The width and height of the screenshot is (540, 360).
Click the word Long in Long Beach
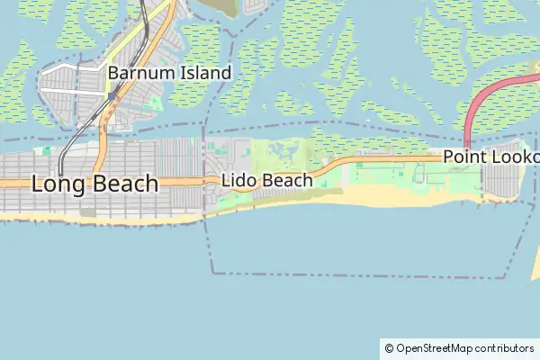59,184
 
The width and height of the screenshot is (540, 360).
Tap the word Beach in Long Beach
125,184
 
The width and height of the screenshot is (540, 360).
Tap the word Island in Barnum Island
203,73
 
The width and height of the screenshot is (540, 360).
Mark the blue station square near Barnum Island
112,96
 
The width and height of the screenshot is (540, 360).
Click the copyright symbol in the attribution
389,347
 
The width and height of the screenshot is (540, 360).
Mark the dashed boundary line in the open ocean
360,274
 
